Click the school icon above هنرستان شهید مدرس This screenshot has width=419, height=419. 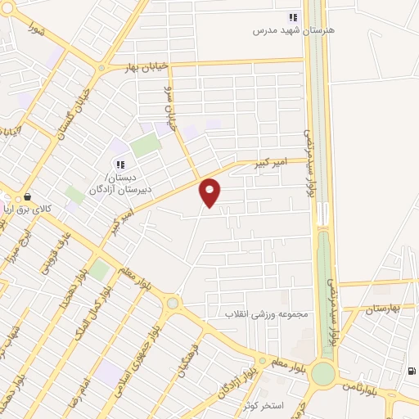point(293,17)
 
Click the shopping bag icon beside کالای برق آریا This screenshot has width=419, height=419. point(29,196)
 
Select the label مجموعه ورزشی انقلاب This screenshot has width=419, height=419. point(265,313)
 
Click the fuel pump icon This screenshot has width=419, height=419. point(411,370)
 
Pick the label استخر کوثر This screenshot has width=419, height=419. point(263,405)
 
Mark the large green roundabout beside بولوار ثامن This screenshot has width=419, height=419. point(324,373)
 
